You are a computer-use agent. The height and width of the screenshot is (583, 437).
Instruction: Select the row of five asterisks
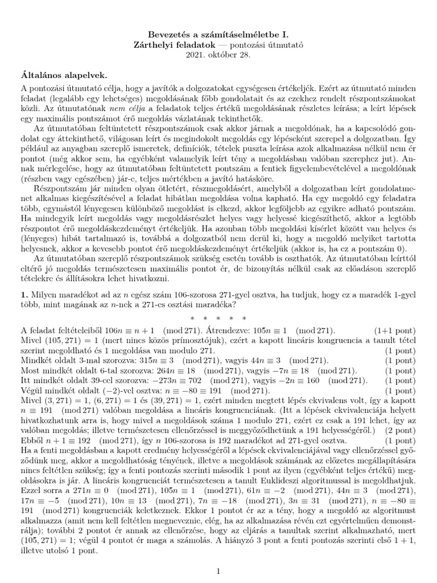coord(218,317)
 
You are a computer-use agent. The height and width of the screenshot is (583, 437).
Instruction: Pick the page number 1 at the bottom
coord(218,554)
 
